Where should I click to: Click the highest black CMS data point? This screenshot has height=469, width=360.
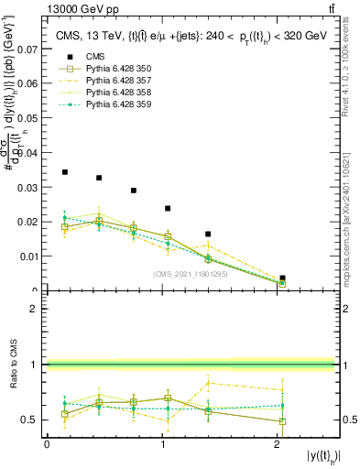point(64,172)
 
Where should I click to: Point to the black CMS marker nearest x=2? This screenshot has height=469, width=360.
point(282,278)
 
